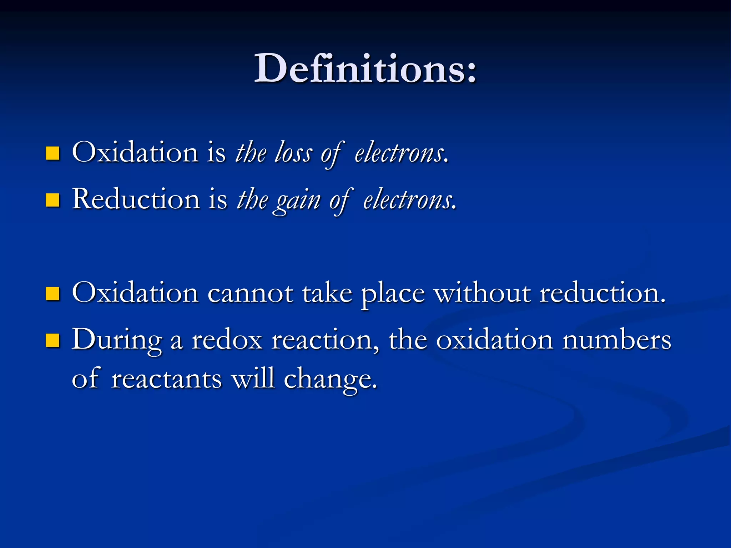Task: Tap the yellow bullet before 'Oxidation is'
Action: [52, 153]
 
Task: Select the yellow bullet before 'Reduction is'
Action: [52, 200]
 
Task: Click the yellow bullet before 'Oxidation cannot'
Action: [52, 294]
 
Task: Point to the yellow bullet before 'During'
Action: [52, 340]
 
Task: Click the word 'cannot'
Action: [250, 294]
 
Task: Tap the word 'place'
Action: [393, 294]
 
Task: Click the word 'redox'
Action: [227, 340]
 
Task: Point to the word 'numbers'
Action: [616, 340]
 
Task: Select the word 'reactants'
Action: [166, 379]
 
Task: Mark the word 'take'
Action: [327, 293]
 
